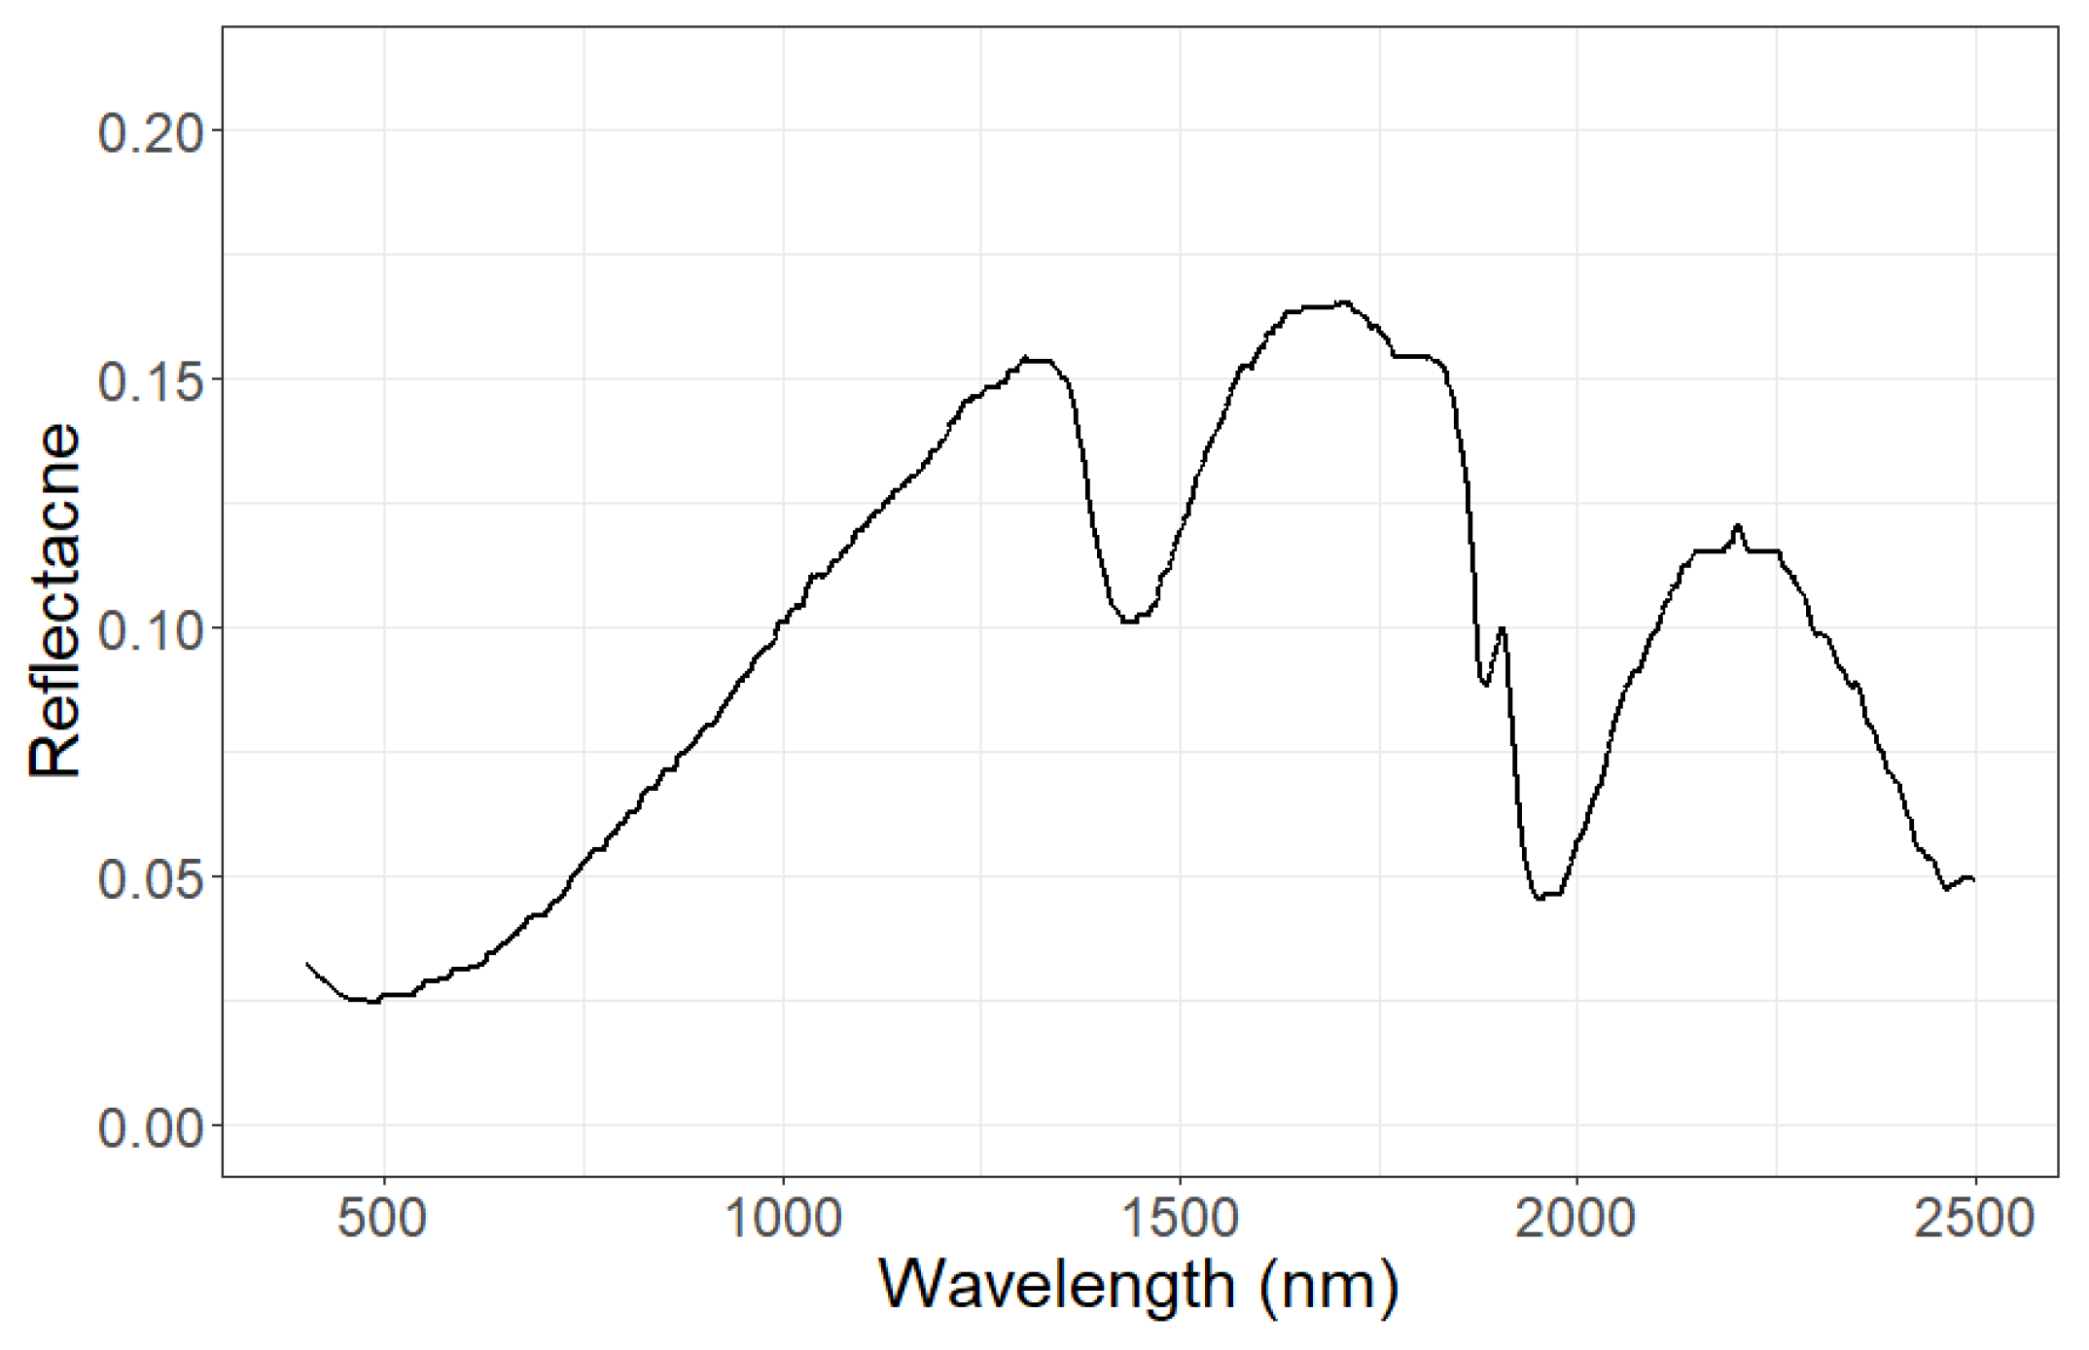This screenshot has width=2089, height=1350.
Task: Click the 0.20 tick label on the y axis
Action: click(152, 132)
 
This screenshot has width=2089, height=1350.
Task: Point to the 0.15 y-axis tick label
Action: click(152, 381)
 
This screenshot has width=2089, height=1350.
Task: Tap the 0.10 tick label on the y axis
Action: click(152, 630)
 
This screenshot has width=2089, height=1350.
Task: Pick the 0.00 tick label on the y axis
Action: click(152, 1128)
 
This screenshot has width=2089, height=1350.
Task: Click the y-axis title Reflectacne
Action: click(54, 600)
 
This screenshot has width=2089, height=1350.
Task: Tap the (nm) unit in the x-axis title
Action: click(1328, 1286)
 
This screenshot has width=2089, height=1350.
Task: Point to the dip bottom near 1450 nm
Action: click(1128, 621)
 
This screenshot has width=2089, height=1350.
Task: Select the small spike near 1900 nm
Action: click(1503, 628)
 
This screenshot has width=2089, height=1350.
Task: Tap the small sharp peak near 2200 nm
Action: click(1738, 526)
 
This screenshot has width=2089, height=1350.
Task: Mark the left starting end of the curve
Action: click(307, 964)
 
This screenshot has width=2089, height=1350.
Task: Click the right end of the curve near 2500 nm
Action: click(1973, 880)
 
